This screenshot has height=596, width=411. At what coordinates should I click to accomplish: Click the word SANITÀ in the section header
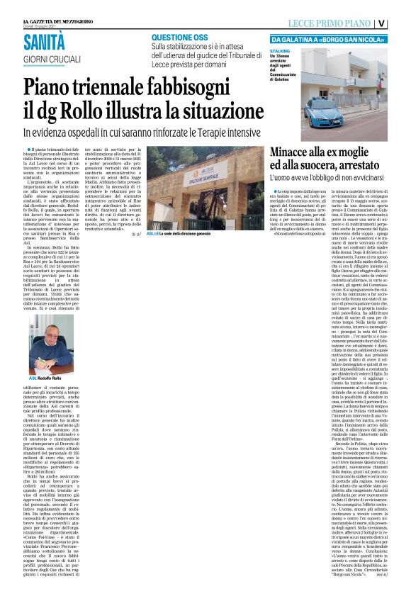tap(50, 42)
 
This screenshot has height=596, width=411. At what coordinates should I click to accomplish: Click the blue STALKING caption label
tap(281, 52)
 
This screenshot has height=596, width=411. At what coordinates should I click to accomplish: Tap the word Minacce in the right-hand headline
tap(298, 150)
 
